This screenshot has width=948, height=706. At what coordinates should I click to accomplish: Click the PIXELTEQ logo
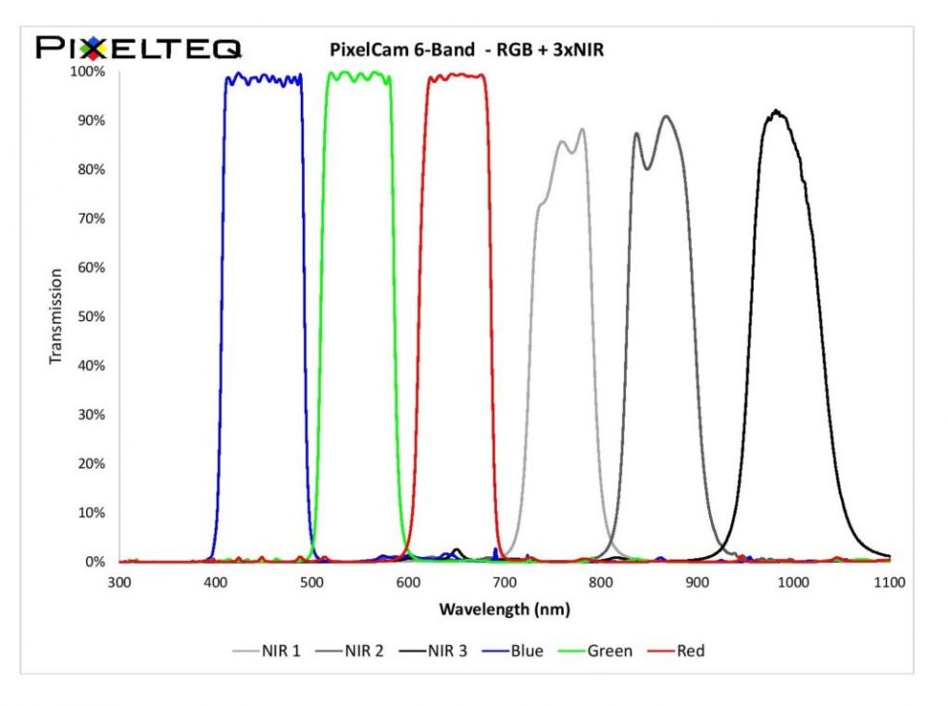(138, 47)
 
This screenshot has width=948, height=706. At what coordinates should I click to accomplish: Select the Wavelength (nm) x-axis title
(504, 609)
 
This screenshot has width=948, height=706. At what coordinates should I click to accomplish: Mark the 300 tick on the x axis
(119, 582)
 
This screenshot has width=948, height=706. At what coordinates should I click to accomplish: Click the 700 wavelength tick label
(504, 582)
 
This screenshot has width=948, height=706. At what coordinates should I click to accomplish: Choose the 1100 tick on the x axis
(889, 582)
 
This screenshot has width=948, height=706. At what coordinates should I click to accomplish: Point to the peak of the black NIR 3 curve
(775, 112)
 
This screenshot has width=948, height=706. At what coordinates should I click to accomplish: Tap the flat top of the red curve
(455, 75)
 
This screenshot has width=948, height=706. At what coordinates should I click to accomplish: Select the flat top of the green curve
(358, 75)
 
